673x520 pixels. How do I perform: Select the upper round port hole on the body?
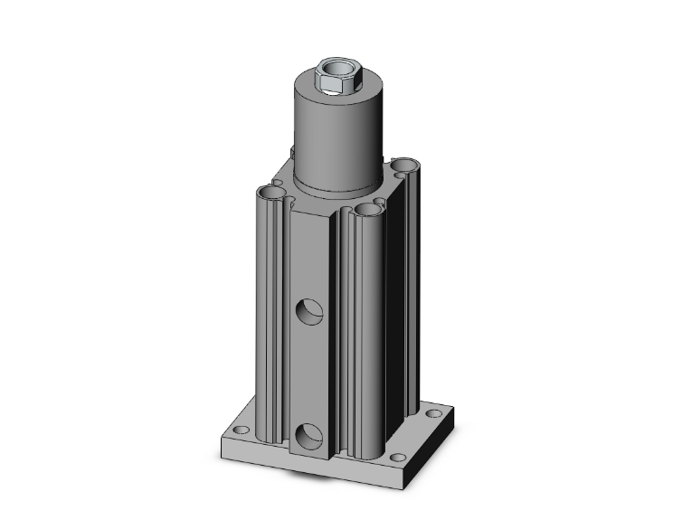coord(310,313)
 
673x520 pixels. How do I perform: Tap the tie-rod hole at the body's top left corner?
coord(269,193)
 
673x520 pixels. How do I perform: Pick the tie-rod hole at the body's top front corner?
coord(367,210)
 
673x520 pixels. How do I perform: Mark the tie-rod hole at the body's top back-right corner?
coord(404,166)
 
